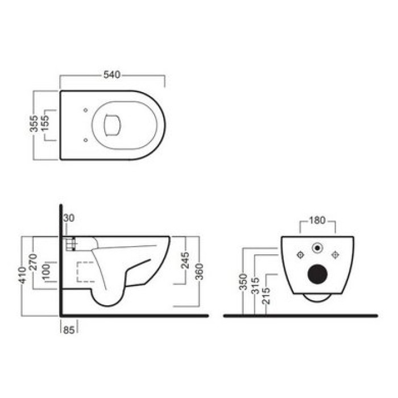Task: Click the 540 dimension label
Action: [x=111, y=74]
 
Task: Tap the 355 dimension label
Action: [x=34, y=123]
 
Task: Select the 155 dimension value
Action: [x=45, y=123]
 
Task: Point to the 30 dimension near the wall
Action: [x=69, y=218]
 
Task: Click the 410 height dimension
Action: [x=22, y=275]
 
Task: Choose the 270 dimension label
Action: [x=33, y=262]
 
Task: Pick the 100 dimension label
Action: [x=46, y=272]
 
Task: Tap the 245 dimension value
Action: [x=185, y=260]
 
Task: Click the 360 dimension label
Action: [x=200, y=272]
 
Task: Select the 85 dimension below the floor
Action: [x=69, y=330]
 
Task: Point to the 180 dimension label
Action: [x=317, y=220]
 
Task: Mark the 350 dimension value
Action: [x=243, y=281]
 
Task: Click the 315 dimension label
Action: [x=255, y=286]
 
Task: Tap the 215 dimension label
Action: [x=266, y=296]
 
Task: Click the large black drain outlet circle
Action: [x=317, y=274]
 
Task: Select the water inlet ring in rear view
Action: [x=317, y=248]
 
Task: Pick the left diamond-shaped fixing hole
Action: [x=300, y=255]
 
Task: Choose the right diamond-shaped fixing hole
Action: [x=335, y=255]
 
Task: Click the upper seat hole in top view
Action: [x=85, y=110]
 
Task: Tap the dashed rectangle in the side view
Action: [x=86, y=272]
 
